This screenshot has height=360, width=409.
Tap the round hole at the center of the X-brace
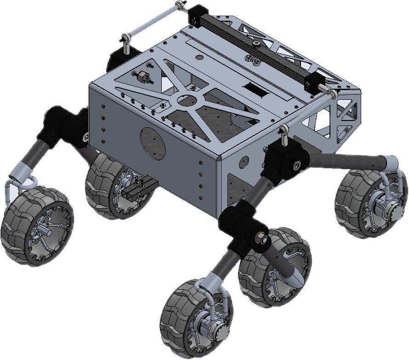click(186, 99)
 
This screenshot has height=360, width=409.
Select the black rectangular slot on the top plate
click(256, 88)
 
